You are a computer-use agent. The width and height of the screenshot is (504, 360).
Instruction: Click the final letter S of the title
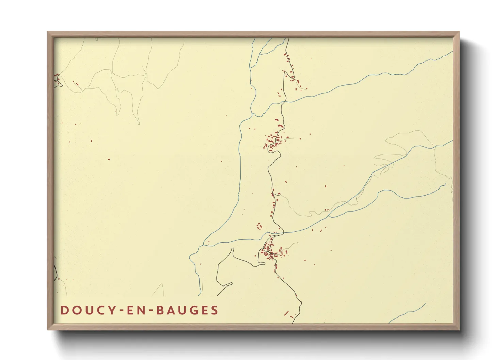(x=214, y=310)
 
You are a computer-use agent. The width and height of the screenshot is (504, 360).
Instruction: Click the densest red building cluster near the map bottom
(x=271, y=252)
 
